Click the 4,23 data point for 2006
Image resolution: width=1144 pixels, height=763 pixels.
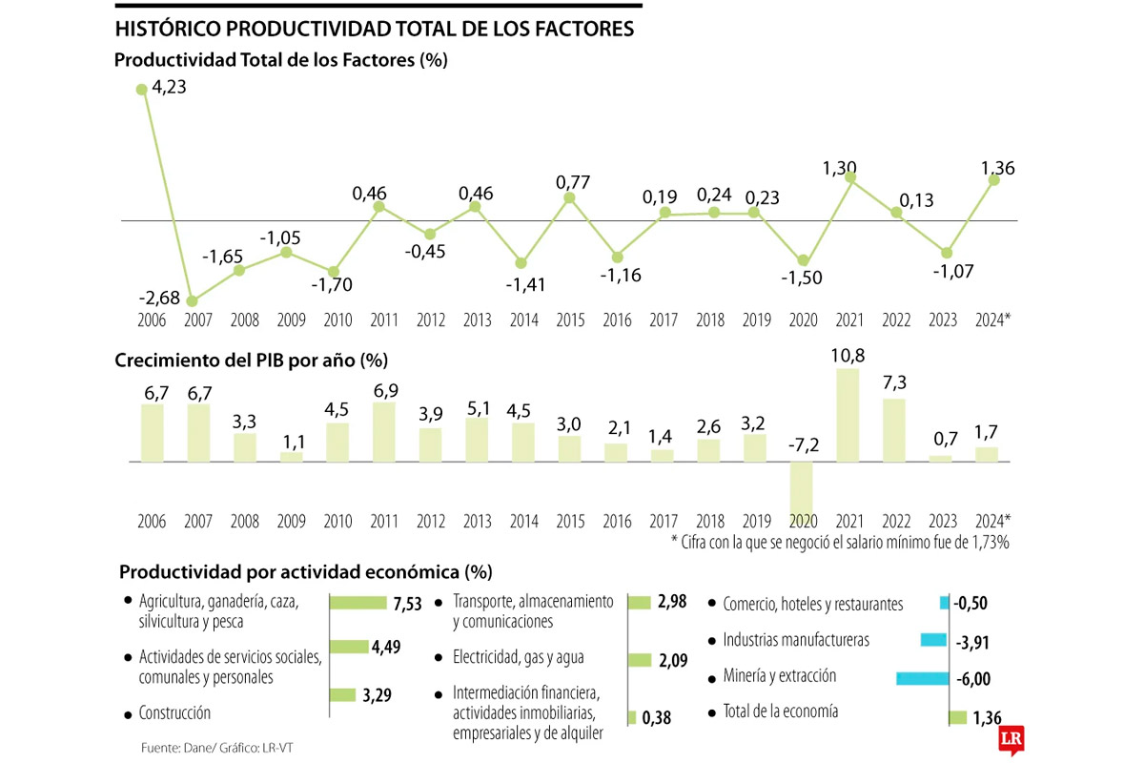click(142, 89)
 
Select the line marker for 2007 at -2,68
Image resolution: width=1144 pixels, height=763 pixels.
click(193, 301)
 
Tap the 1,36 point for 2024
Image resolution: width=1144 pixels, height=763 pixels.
click(993, 178)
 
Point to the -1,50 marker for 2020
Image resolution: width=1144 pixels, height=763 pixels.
click(804, 260)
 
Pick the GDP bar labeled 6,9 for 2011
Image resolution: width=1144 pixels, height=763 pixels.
click(384, 432)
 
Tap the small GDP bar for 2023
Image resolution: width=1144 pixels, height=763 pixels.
click(941, 459)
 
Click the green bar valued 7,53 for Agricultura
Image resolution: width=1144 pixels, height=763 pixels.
click(360, 603)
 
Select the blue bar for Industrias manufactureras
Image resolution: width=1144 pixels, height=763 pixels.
click(933, 640)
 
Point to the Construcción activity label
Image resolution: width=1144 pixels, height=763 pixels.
click(174, 712)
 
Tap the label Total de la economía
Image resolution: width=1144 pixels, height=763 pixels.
click(781, 711)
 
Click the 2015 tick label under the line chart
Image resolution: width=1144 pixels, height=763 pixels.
click(569, 322)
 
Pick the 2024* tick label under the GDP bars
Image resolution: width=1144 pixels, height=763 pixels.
click(992, 522)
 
